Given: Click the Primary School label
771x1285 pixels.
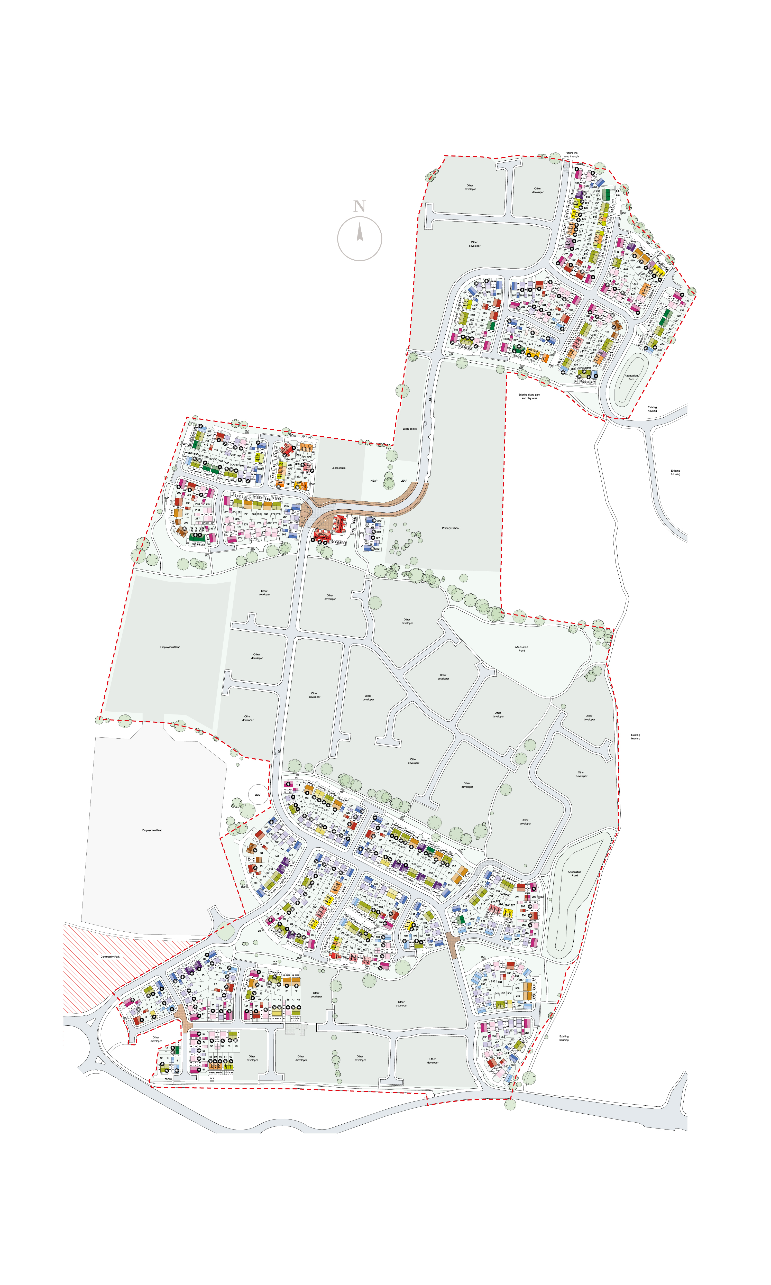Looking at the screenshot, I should click(451, 528).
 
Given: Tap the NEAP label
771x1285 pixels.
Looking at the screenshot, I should click(374, 480).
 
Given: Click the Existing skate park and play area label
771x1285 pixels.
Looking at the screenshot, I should click(529, 396).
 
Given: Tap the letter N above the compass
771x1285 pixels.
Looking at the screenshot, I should click(359, 206).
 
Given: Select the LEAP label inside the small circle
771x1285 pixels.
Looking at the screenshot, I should click(258, 795).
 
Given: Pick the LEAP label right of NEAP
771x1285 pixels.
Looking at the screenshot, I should click(404, 480).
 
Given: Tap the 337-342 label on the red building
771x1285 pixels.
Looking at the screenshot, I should click(322, 534).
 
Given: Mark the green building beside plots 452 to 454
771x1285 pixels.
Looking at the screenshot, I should click(606, 194).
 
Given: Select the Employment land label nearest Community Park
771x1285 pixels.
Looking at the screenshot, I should click(152, 830).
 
